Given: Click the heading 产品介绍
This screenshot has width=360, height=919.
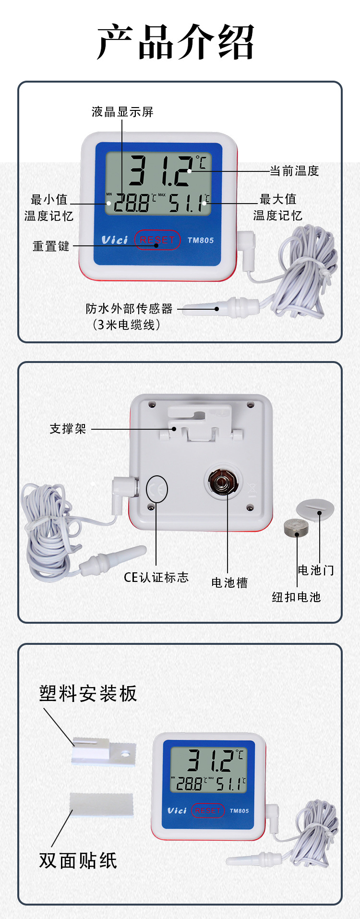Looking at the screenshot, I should coord(176,42).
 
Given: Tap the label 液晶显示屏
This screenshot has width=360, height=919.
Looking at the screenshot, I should coord(122,112).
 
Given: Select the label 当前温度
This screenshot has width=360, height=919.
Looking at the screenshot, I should coord(294,171).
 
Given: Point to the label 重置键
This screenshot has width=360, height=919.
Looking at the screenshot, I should coord(51,246).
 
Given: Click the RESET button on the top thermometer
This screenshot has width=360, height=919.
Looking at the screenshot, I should coord(157,240).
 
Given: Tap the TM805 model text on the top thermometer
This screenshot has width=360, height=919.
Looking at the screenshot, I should coord(201,240).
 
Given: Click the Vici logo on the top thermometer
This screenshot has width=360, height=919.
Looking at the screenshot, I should coord(115,240).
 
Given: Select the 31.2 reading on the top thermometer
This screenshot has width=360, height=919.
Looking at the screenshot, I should coord(161,170).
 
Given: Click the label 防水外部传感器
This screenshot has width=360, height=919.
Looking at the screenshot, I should coord(129,308).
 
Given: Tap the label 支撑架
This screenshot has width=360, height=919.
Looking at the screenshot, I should coord(68,429).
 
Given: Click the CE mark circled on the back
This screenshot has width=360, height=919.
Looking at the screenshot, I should coord(156,489).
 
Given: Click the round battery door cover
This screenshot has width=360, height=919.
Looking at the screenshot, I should coord(315,509).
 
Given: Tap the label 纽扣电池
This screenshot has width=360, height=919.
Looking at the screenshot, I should coord(296,597).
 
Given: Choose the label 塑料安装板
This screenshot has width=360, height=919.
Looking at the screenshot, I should coord(88,693).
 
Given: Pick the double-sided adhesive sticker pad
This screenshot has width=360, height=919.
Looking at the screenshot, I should coord(101,805).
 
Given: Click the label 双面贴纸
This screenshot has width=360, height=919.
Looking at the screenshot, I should coord(78,860).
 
